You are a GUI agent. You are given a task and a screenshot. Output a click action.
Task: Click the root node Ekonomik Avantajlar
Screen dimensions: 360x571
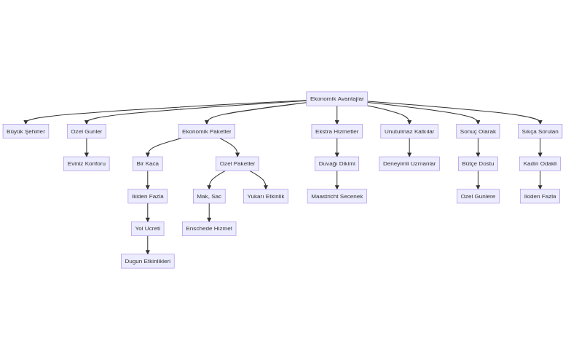[x=336, y=98]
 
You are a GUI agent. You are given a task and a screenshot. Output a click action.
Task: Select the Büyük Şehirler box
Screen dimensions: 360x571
[x=25, y=131]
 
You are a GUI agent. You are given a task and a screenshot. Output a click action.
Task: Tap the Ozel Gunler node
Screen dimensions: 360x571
[x=87, y=131]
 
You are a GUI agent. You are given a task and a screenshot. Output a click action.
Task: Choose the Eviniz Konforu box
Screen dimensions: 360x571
[x=87, y=163]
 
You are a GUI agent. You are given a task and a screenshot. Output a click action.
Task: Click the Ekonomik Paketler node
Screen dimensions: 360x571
[x=207, y=131]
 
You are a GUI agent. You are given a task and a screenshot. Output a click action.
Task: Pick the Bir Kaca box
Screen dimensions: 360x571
[x=148, y=163]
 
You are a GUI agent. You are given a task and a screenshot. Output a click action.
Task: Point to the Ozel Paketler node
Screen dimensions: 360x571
[x=237, y=163]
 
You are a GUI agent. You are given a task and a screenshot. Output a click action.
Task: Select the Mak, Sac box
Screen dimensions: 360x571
[x=209, y=196]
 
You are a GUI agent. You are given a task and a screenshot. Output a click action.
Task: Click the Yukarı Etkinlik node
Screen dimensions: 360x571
[x=266, y=196]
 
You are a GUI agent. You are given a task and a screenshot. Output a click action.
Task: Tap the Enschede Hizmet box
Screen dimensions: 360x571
[x=209, y=228]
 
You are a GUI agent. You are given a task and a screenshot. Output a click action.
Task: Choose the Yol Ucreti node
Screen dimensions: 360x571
[x=148, y=228]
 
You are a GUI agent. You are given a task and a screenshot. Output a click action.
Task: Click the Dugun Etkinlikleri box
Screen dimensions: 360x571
[x=148, y=261]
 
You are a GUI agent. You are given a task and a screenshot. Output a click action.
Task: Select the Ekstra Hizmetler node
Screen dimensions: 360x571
[x=336, y=131]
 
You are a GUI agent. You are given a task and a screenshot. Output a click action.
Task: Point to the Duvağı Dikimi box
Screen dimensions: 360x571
[x=336, y=163]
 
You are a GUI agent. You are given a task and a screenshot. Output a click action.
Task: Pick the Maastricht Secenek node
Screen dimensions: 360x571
[x=336, y=196]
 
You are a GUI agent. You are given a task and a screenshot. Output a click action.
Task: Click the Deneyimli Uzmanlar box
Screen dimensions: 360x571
[x=409, y=163]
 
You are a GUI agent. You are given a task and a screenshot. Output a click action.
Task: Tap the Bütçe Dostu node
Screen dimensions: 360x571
[x=478, y=163]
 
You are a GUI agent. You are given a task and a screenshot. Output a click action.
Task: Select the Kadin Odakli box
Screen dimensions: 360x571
[x=540, y=163]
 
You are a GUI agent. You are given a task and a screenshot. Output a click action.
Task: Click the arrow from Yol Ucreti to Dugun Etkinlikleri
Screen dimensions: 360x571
[x=148, y=245]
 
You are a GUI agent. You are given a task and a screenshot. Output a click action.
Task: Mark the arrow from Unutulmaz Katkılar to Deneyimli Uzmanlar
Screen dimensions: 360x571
[x=409, y=147]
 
